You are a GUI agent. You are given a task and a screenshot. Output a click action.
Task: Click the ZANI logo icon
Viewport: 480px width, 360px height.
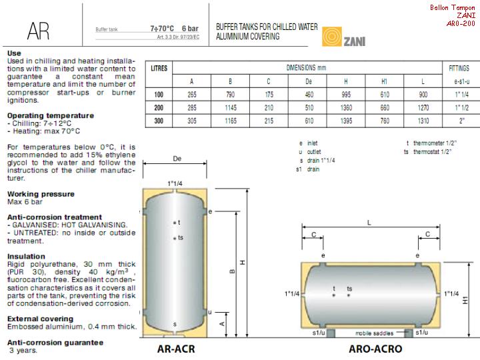tap(332, 37)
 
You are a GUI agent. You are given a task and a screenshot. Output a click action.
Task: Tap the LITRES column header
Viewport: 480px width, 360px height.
tap(159, 68)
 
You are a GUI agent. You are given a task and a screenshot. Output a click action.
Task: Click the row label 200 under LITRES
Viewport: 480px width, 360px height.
tap(159, 107)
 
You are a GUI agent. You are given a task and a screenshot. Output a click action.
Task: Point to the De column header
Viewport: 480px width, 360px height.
tap(309, 81)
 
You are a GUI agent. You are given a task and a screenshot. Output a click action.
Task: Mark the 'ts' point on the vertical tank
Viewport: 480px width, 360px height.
tap(175, 238)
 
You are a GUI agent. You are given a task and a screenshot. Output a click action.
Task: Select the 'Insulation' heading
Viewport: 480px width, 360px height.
tap(25, 255)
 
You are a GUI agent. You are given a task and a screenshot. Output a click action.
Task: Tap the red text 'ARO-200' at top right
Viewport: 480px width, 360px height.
tap(461, 23)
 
